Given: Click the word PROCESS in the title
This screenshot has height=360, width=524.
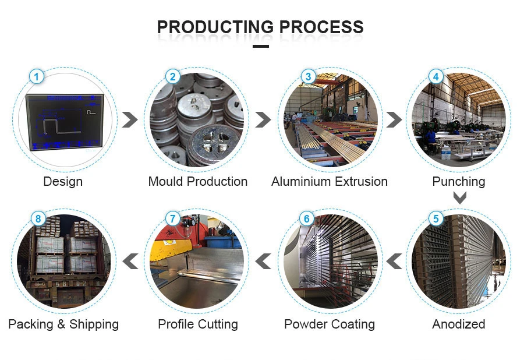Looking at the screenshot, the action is click(x=321, y=27).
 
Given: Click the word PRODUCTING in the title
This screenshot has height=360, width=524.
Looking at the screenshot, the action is click(x=215, y=27).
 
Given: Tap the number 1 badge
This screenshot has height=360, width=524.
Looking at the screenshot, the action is click(x=37, y=76).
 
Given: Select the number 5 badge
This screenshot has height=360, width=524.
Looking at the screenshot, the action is click(x=436, y=218).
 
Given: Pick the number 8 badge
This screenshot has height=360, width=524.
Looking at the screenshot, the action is click(x=38, y=218).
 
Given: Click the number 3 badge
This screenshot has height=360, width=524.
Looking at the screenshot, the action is click(x=308, y=76).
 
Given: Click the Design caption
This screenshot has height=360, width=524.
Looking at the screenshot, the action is click(x=63, y=182).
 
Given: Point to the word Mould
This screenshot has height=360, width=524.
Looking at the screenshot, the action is click(x=166, y=182).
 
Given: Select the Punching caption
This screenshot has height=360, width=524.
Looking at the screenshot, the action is click(x=459, y=182).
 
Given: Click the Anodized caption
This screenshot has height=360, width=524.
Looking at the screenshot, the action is click(x=459, y=324).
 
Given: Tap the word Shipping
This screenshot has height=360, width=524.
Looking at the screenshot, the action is click(x=94, y=324).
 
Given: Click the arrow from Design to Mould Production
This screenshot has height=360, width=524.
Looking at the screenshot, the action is click(x=130, y=119).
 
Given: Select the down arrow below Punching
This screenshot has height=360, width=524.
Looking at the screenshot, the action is click(x=460, y=197).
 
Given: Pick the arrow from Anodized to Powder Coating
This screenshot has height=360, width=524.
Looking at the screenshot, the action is click(x=394, y=261).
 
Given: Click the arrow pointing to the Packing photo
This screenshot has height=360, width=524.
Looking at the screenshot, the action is click(x=130, y=261).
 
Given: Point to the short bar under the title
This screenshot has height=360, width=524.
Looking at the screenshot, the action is click(x=261, y=46).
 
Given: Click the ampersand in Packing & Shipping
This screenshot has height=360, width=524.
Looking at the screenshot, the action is click(x=61, y=324).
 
